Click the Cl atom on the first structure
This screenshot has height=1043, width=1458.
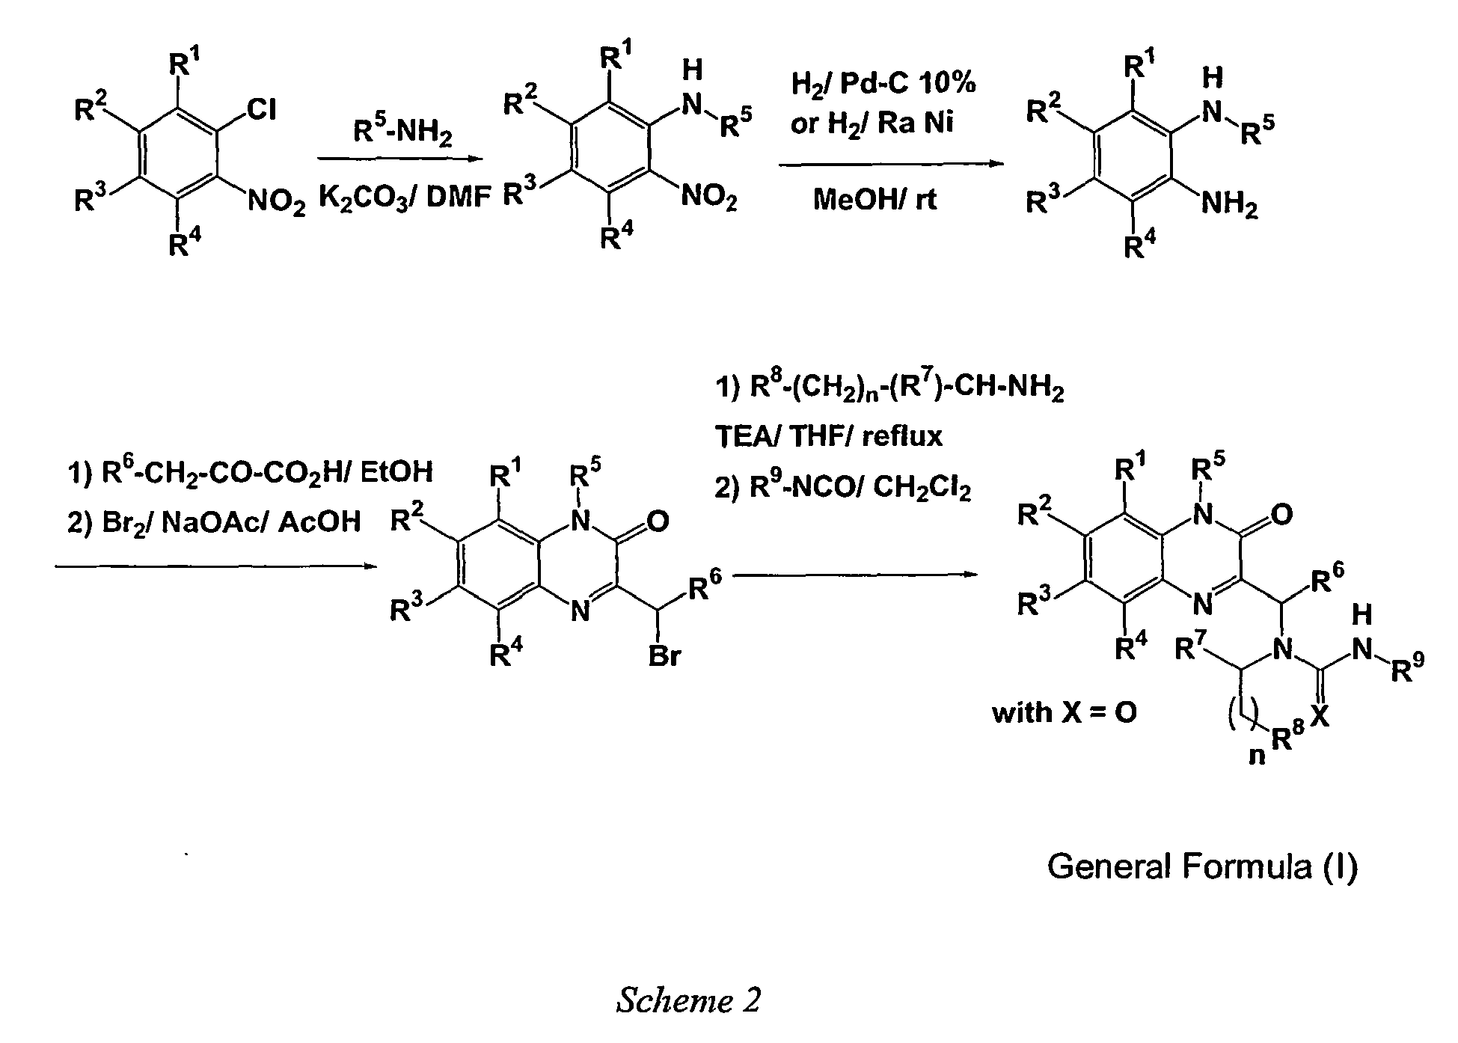262,110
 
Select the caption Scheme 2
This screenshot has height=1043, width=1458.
688,1000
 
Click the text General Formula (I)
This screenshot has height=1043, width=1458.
1202,866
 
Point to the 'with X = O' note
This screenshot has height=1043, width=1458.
1065,712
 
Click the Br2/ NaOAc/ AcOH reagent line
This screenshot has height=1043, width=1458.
214,521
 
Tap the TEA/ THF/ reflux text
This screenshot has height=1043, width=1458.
829,435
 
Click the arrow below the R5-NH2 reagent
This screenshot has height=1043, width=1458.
397,159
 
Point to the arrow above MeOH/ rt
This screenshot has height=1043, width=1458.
890,164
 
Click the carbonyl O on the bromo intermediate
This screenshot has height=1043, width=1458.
658,521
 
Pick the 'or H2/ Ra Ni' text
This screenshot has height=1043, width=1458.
872,124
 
